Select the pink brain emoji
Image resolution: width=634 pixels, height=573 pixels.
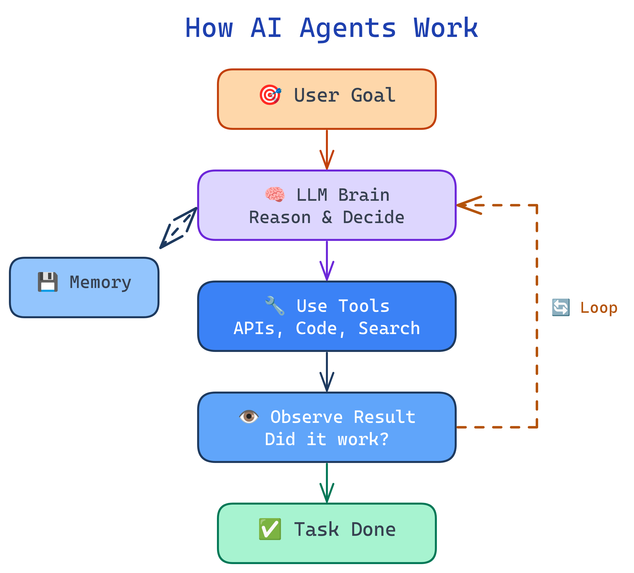[x=275, y=195]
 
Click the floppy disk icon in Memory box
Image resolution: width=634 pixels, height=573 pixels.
[x=48, y=282]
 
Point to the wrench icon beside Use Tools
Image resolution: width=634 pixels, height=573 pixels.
[x=275, y=306]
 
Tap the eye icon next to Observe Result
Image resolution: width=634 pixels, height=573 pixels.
[x=249, y=417]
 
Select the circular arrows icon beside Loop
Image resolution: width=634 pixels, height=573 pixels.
[x=561, y=307]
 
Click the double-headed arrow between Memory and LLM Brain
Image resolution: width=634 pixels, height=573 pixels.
[x=178, y=228]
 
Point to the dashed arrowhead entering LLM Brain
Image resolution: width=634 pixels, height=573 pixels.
[x=469, y=205]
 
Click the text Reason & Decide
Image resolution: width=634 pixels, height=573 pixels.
[x=326, y=217]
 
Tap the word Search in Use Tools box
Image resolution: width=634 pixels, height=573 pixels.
[x=389, y=328]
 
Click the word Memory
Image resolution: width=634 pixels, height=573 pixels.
[x=100, y=282]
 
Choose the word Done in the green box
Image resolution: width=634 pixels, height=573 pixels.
[x=373, y=530]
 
